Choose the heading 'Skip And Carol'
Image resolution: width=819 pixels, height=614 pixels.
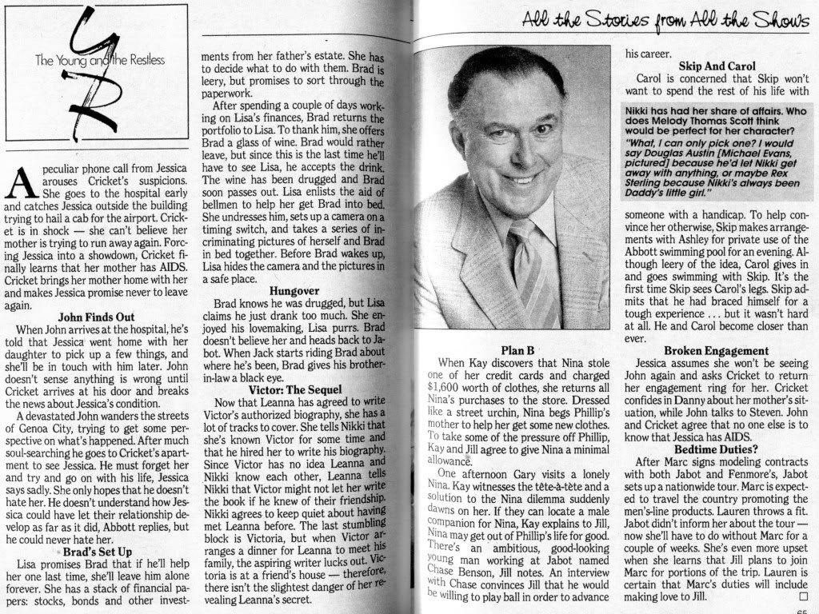tap(717, 66)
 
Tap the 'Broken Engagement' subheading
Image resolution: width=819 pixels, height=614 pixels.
tap(717, 350)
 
